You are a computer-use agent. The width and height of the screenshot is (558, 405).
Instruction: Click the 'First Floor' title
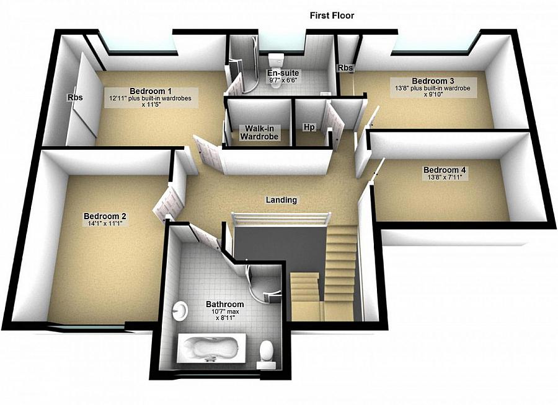click(332, 15)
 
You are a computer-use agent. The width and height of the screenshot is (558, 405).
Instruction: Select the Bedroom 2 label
click(105, 216)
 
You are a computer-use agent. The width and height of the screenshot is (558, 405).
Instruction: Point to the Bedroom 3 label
click(433, 81)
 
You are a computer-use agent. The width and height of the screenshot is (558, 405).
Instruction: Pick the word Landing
click(281, 200)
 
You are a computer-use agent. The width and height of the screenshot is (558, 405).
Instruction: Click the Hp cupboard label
click(309, 127)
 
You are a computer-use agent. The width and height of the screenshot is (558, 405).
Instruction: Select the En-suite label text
click(283, 74)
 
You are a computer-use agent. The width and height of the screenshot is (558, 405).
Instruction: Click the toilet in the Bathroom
click(266, 352)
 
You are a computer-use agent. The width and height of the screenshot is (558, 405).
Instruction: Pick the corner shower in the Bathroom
click(265, 282)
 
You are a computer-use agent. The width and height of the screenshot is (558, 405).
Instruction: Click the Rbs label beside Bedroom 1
click(75, 98)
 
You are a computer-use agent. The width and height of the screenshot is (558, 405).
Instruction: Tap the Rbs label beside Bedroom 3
click(345, 67)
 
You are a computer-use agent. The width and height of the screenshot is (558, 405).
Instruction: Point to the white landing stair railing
click(280, 219)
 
